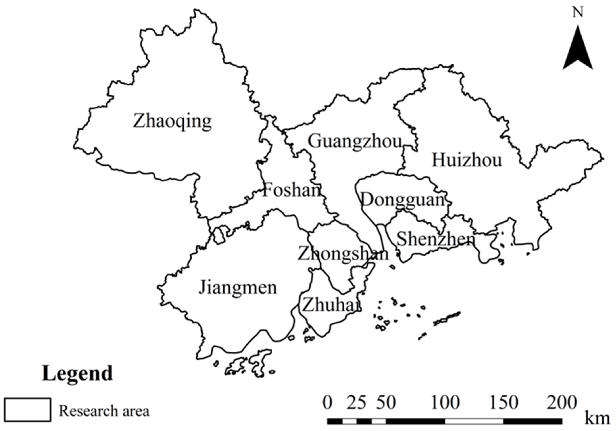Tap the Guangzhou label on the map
coord(355,142)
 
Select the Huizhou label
coord(466,160)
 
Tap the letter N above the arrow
coord(578,12)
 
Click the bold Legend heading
coord(77,373)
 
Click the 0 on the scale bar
coord(327,403)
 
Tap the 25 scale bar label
coord(356,403)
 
